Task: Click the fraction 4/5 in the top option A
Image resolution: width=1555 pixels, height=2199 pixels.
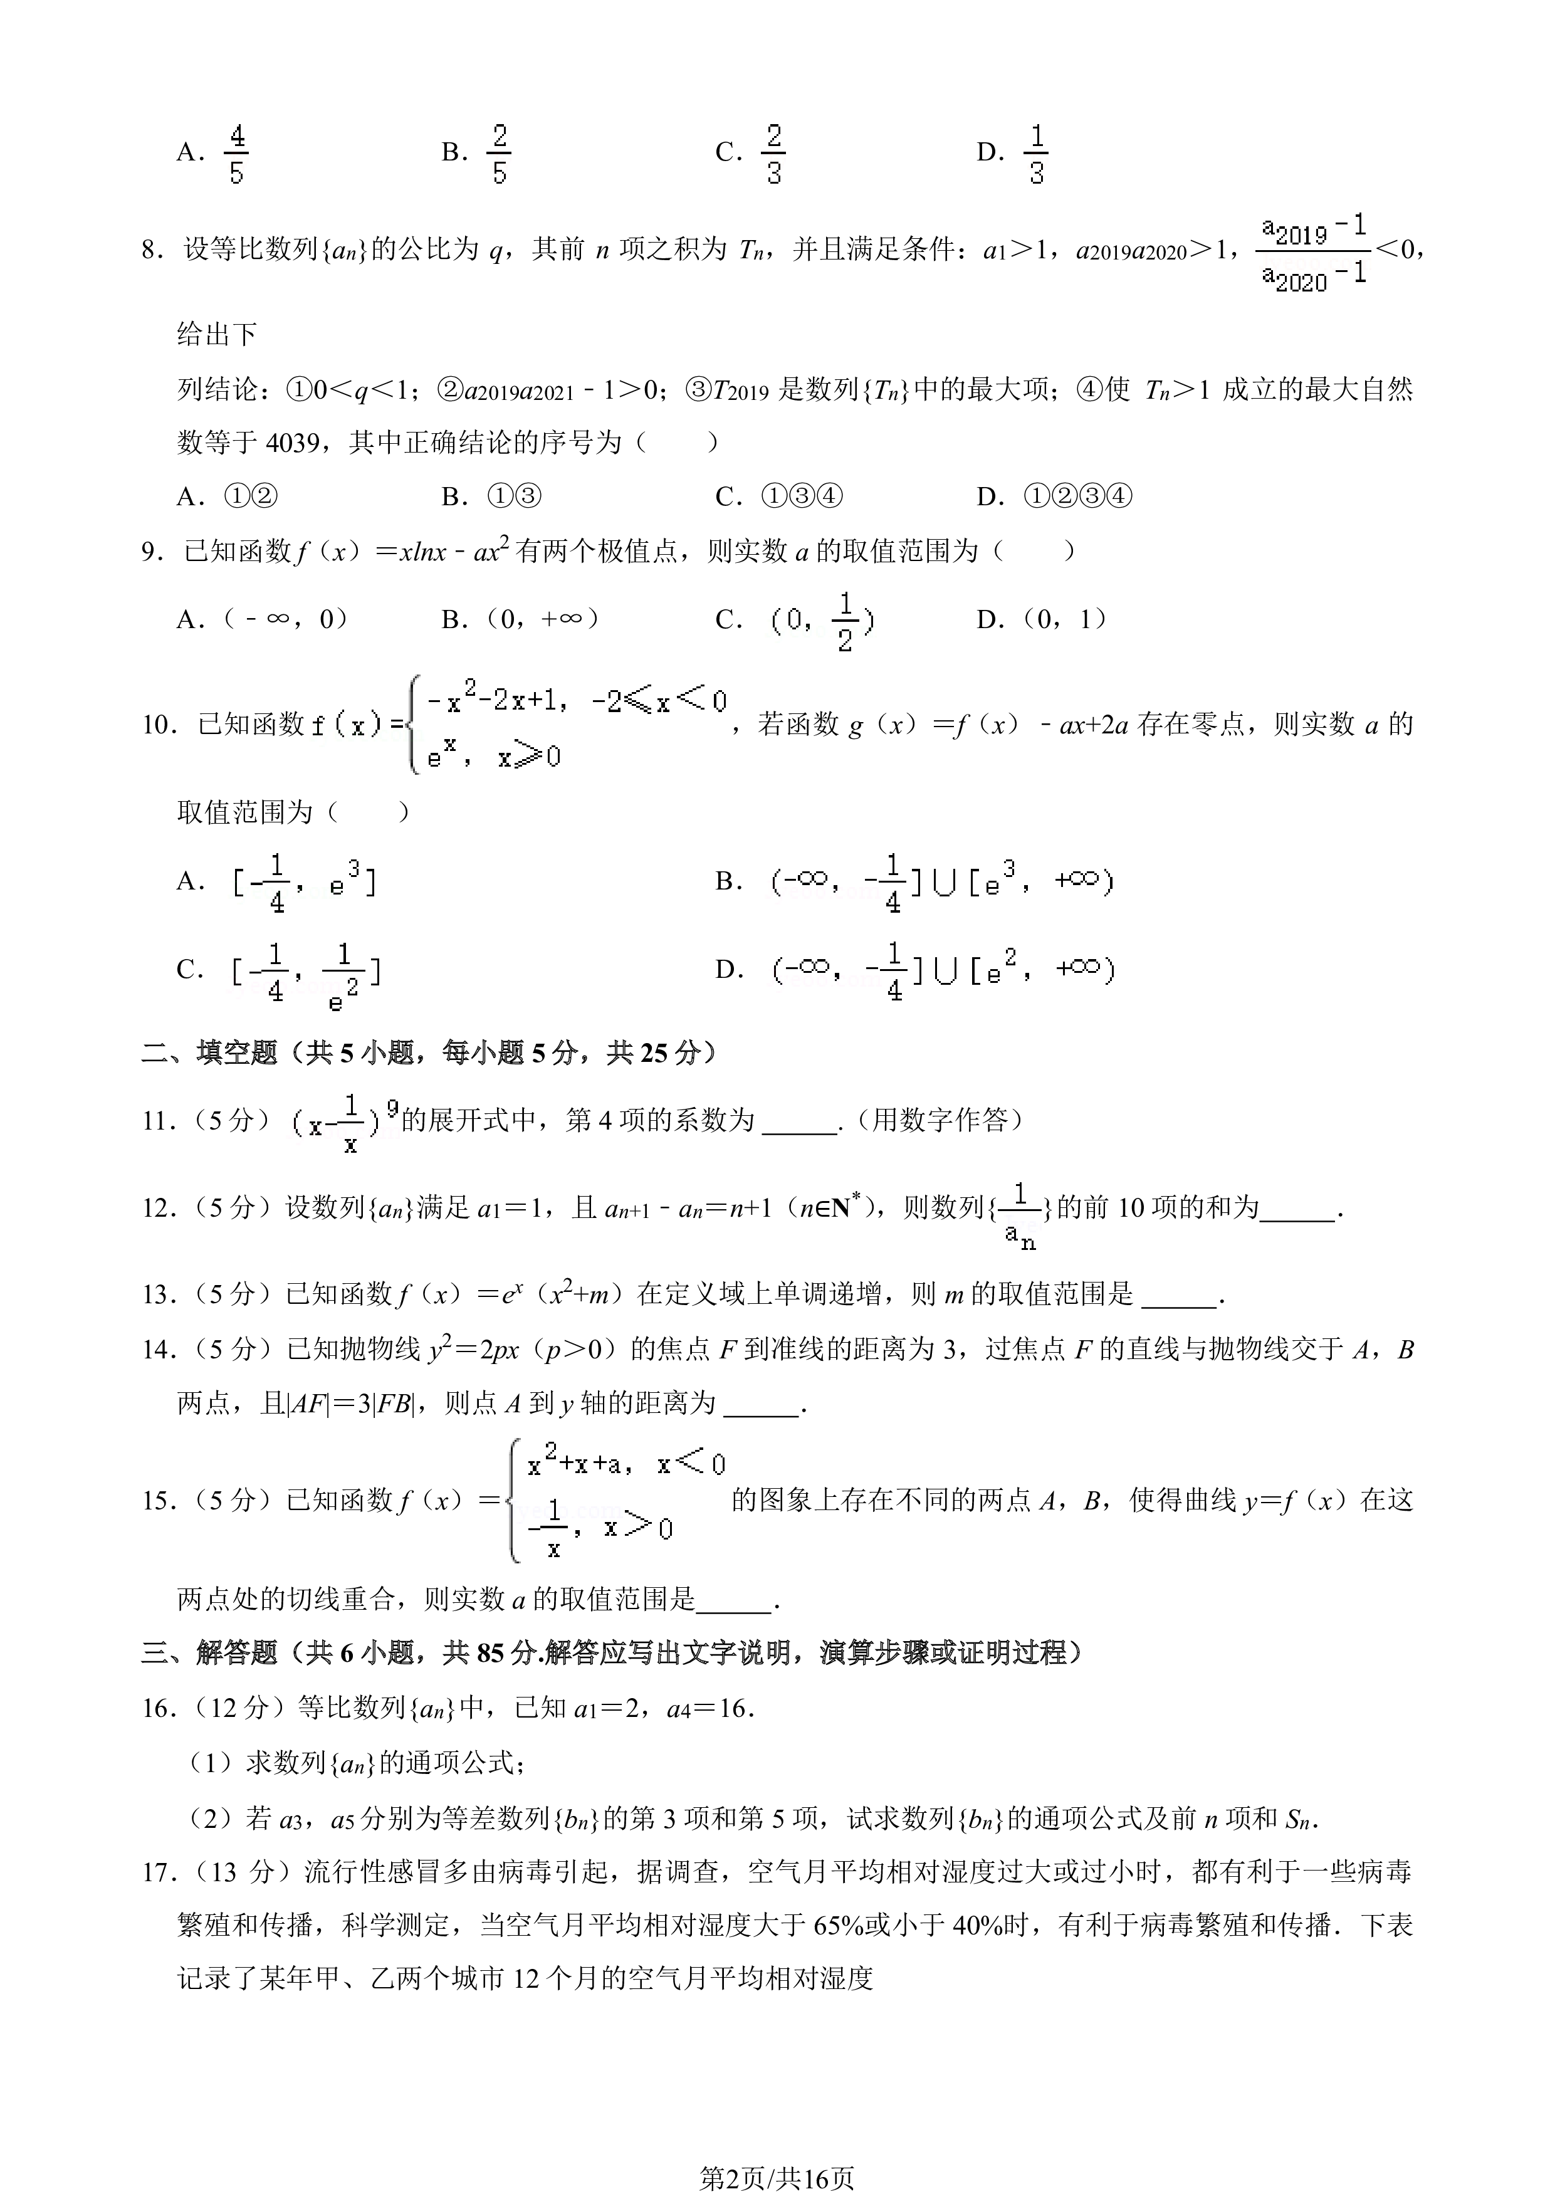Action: (x=236, y=153)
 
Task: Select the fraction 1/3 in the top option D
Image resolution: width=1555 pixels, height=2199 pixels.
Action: (x=1036, y=153)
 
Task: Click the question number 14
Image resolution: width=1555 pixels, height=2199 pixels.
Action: (x=158, y=1350)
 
